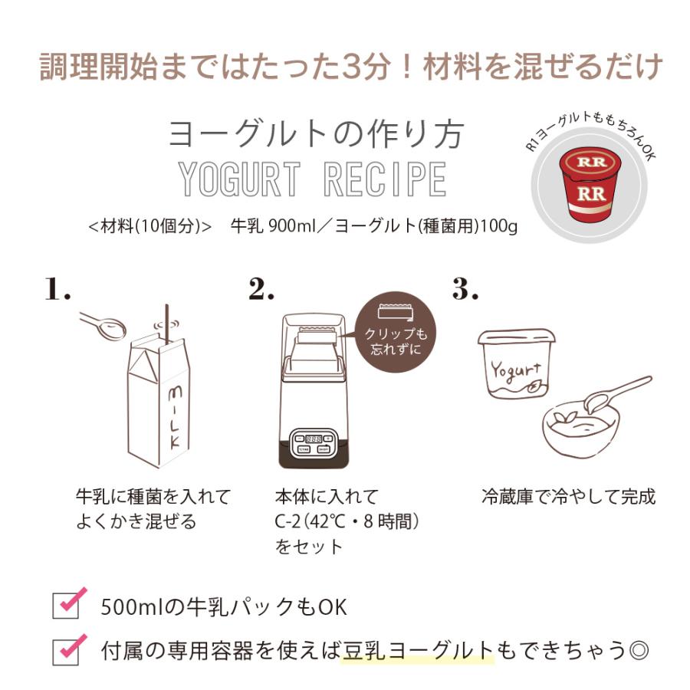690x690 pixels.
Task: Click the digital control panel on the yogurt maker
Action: tap(313, 443)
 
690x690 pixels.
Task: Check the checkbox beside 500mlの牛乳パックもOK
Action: tap(66, 604)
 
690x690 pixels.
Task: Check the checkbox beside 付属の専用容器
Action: tap(66, 649)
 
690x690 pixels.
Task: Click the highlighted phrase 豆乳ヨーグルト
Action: tap(418, 651)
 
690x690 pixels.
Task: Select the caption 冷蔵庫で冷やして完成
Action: tap(568, 496)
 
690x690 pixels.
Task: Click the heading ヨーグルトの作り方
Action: tap(316, 133)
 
